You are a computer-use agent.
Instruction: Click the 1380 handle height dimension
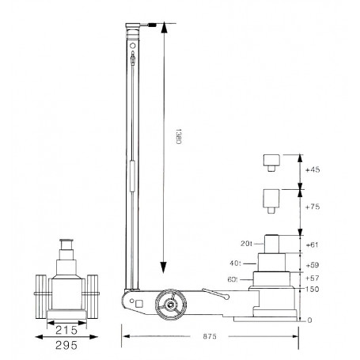coord(178,136)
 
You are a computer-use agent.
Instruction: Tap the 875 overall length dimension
coord(210,336)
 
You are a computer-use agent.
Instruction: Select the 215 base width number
coord(66,330)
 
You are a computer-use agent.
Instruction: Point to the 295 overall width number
coord(66,345)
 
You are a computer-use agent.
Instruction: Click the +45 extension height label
coord(313,169)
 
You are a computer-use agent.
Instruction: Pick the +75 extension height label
coord(313,207)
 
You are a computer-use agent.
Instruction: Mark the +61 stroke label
coord(312,244)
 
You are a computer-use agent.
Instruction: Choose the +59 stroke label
coord(313,265)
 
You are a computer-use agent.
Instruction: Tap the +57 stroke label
coord(313,278)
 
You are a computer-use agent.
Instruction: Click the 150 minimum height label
coord(312,289)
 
